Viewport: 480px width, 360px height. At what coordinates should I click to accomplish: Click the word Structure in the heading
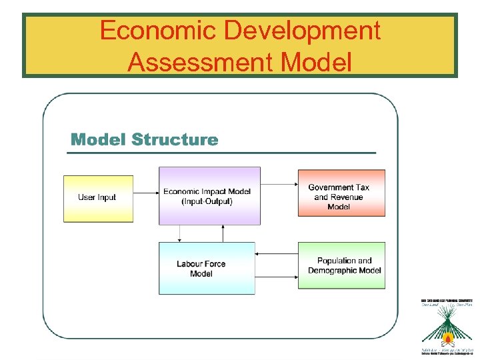tap(175, 139)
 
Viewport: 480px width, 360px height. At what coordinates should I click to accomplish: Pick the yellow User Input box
tap(97, 198)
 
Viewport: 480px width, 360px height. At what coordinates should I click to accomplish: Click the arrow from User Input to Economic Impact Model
tap(145, 193)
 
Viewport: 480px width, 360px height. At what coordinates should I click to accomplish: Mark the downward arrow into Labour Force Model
tap(179, 233)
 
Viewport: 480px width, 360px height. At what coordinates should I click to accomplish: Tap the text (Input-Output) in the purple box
tap(207, 201)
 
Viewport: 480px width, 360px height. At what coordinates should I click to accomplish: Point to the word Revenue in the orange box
tap(347, 197)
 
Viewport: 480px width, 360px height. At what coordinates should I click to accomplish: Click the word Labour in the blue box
tap(190, 264)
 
